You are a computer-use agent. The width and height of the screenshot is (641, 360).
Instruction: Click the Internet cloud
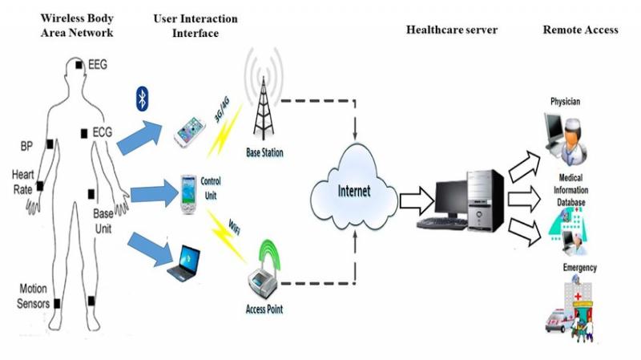[353, 193]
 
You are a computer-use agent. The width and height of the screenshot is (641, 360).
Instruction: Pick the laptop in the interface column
[184, 266]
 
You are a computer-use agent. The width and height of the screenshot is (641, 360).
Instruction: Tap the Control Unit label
[212, 186]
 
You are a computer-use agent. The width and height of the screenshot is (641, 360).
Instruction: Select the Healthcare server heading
[452, 30]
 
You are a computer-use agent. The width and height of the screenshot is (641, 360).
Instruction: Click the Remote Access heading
[580, 30]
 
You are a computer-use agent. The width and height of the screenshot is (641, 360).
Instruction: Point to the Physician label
[565, 102]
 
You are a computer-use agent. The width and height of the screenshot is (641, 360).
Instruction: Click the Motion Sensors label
[34, 297]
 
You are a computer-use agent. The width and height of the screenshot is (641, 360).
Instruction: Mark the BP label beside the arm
[26, 147]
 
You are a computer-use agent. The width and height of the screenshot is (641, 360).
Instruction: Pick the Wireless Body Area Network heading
[77, 25]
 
